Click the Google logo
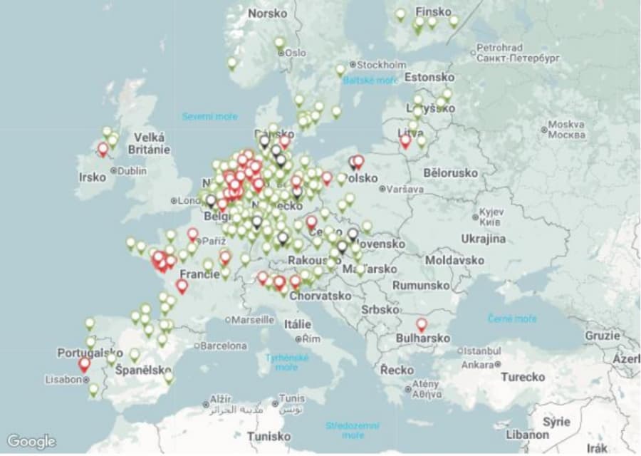(x=31, y=441)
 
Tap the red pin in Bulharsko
(x=422, y=325)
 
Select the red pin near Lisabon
(x=85, y=364)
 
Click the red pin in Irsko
(x=103, y=149)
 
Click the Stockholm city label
(x=381, y=64)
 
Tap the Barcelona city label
(x=223, y=346)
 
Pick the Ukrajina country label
(x=484, y=239)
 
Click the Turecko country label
(x=522, y=376)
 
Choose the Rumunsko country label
(x=421, y=285)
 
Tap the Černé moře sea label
(x=512, y=318)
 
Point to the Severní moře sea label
(x=209, y=116)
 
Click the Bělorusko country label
(x=450, y=172)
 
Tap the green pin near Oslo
(x=279, y=43)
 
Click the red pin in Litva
(x=405, y=141)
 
